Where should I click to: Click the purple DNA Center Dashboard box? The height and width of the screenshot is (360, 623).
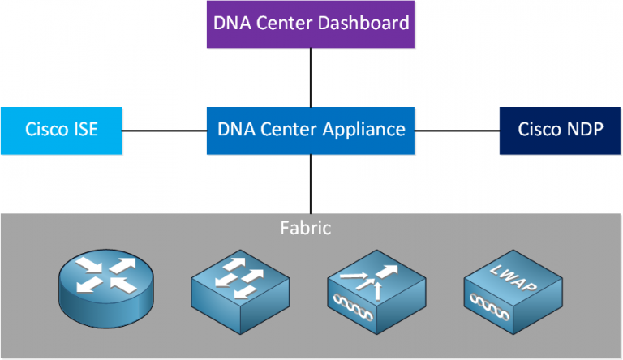pos(311,24)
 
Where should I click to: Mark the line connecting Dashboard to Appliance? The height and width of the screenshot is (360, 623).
pos(311,77)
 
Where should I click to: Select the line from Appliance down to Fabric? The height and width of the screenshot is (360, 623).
pos(311,183)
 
